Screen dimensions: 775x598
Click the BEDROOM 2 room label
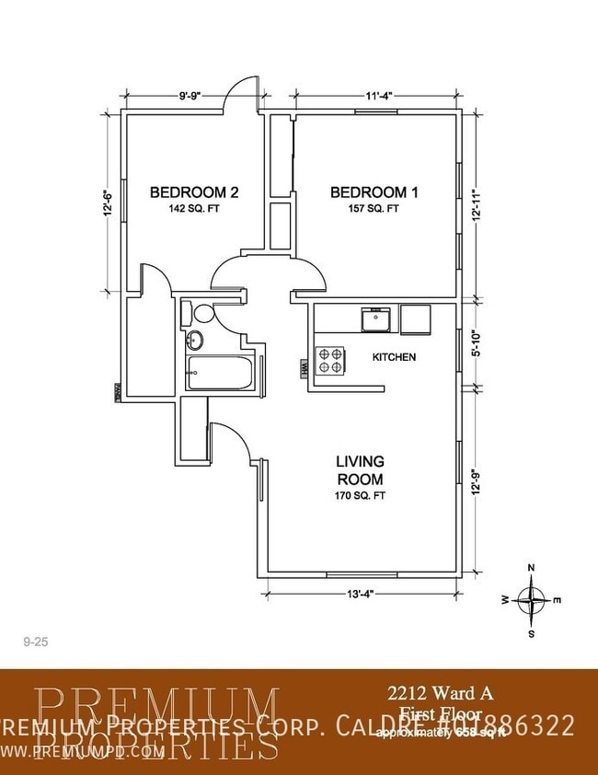(194, 192)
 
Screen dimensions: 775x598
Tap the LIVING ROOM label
(360, 469)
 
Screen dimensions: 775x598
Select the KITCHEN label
(394, 356)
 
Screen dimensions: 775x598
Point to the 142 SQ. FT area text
(194, 209)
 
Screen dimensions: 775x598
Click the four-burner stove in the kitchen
(330, 360)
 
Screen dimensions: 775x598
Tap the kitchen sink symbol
(375, 320)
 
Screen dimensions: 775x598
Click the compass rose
(531, 600)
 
